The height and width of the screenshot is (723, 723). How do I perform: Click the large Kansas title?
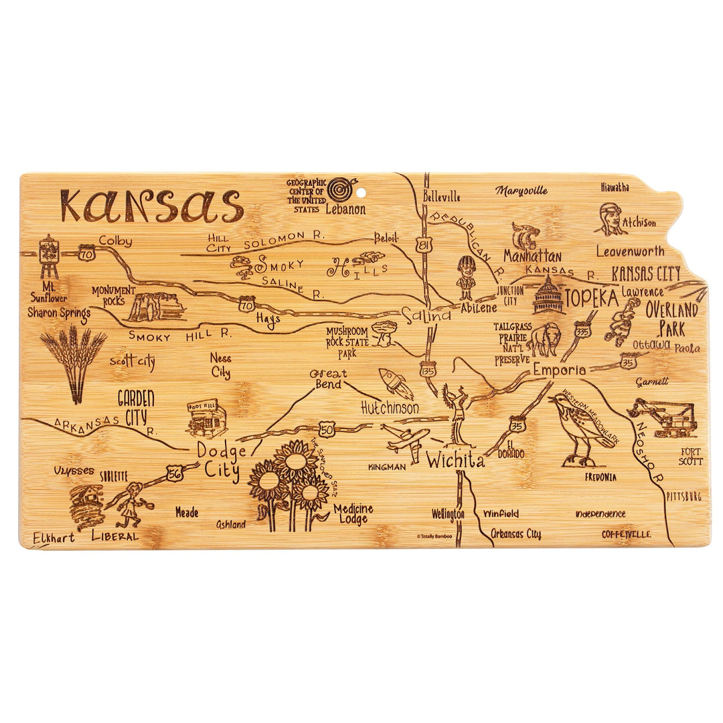tap(151, 205)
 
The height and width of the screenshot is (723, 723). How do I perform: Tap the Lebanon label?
tap(346, 209)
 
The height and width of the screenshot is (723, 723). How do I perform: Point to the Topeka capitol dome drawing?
tap(548, 296)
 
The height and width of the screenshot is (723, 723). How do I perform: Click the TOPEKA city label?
tap(592, 299)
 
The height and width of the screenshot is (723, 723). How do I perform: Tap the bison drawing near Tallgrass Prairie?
tap(543, 340)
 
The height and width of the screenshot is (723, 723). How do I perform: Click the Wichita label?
tap(455, 461)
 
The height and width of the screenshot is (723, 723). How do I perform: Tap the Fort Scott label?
tap(690, 457)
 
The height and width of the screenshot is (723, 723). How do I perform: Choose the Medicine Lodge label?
tap(353, 514)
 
